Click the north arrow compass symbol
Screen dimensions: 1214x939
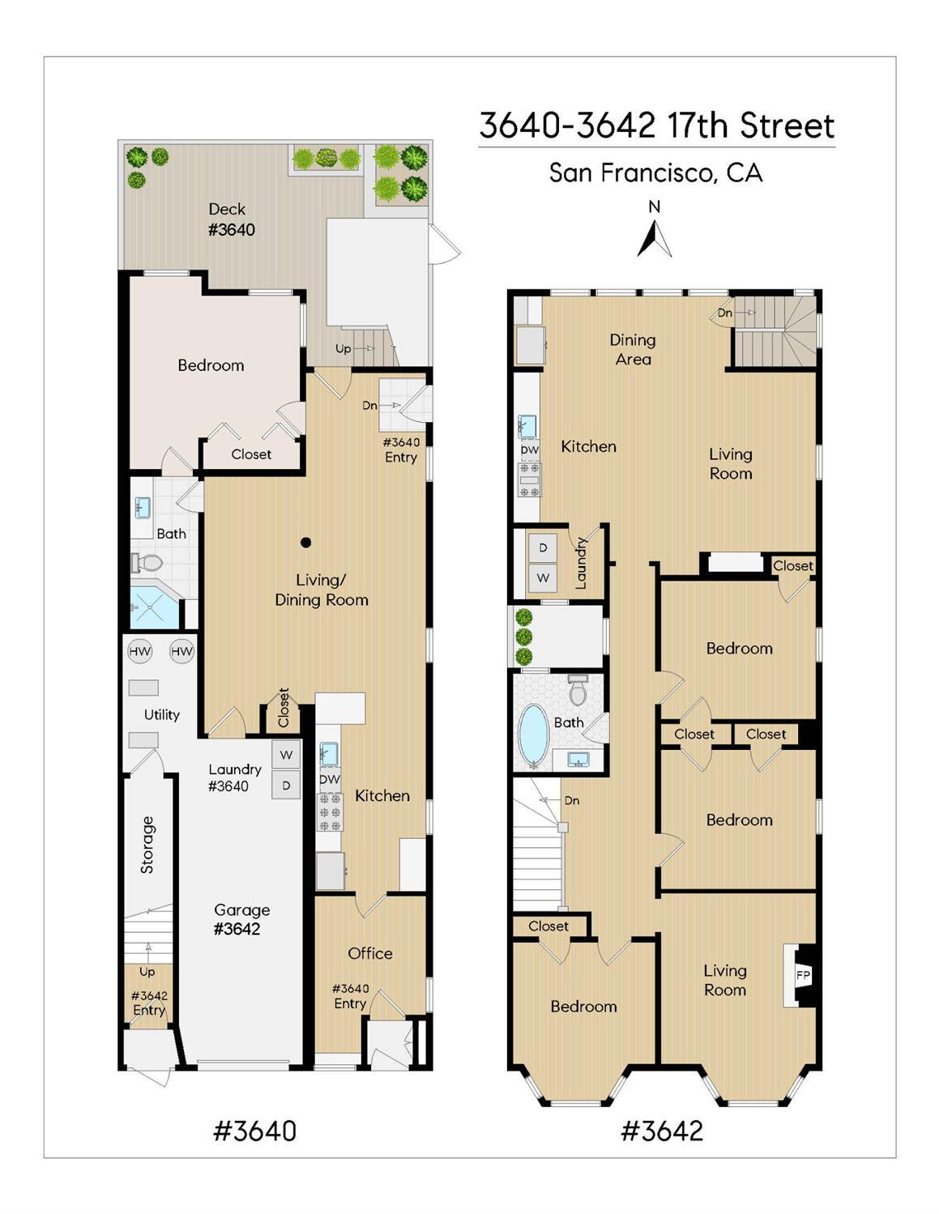click(x=655, y=239)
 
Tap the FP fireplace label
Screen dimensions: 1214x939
click(x=803, y=975)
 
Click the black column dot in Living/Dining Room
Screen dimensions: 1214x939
click(x=305, y=543)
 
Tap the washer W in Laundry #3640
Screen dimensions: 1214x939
click(x=286, y=755)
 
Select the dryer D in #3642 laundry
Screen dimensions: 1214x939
click(x=543, y=548)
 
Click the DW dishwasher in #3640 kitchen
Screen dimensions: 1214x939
click(x=330, y=779)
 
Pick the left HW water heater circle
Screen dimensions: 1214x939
click(x=140, y=651)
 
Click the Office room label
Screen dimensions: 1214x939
click(x=370, y=953)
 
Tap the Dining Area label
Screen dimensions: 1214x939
click(x=633, y=349)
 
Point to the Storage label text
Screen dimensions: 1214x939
click(x=147, y=844)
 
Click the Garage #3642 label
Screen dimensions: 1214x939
click(x=241, y=919)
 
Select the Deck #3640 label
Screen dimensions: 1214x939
click(x=230, y=219)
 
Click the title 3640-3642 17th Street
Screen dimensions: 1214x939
click(x=656, y=126)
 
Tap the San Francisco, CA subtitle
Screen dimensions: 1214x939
click(x=655, y=173)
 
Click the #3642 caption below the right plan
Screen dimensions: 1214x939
click(x=661, y=1130)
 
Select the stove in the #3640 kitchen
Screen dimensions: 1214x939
click(x=330, y=811)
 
